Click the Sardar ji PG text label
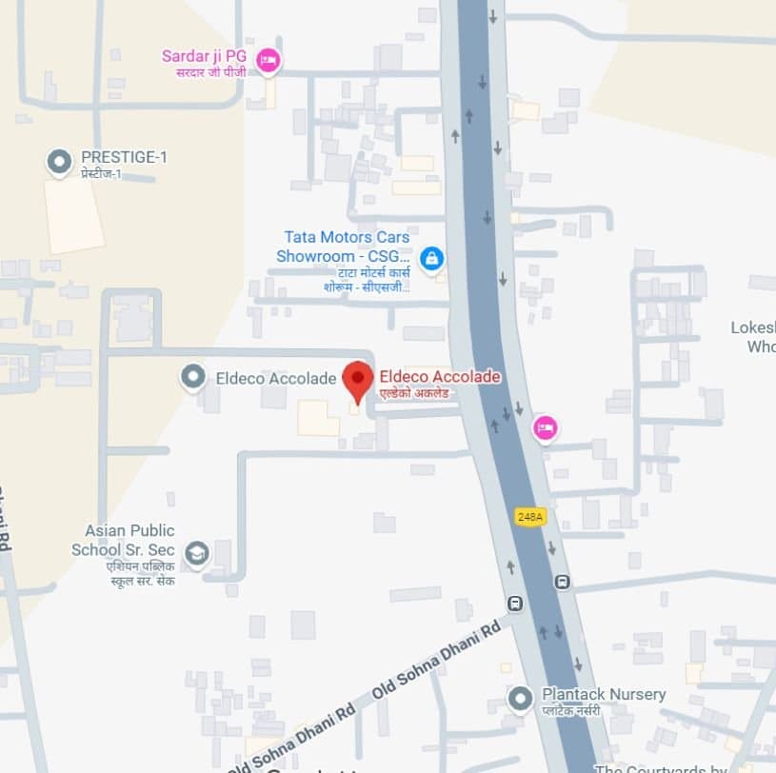point(205,56)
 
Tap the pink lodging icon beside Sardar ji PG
point(269,60)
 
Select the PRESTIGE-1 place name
point(124,157)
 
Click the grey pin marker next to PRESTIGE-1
point(60,162)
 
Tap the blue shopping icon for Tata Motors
point(431,257)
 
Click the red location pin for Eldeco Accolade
point(358,382)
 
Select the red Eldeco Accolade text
point(440,377)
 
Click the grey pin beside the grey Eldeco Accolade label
point(193,378)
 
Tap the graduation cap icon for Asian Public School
point(196,553)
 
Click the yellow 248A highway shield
point(530,517)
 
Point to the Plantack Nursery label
point(604,694)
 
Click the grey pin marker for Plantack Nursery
point(520,700)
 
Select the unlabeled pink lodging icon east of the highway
point(545,427)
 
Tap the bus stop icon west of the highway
point(515,603)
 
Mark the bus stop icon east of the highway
point(563,582)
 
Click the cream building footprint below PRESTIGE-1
point(73,214)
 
